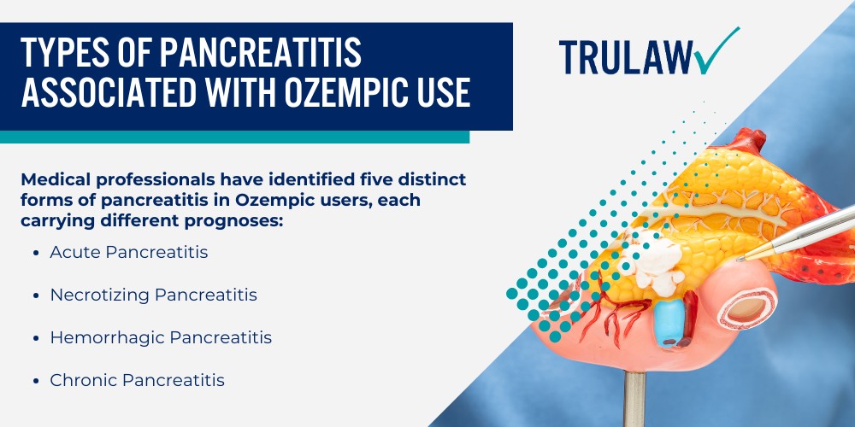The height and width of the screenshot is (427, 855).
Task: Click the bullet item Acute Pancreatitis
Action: pyautogui.click(x=128, y=252)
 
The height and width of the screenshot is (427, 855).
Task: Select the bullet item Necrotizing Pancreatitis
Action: pyautogui.click(x=153, y=295)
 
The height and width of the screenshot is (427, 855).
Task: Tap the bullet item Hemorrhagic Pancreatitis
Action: pyautogui.click(x=161, y=337)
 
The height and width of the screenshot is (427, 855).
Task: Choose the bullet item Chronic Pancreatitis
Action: pyautogui.click(x=137, y=380)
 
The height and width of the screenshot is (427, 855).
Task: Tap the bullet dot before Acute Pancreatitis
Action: pyautogui.click(x=34, y=253)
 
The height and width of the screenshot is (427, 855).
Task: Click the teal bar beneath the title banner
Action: pyautogui.click(x=234, y=137)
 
